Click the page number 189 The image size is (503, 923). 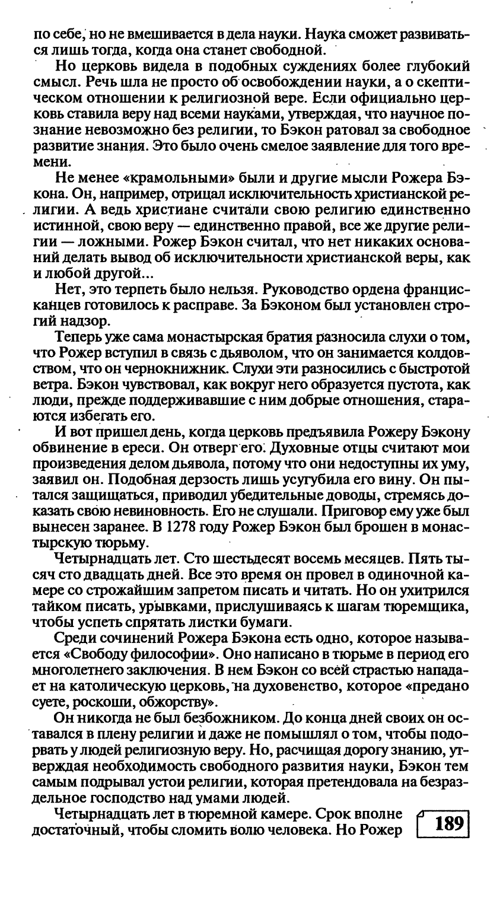coord(448,824)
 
